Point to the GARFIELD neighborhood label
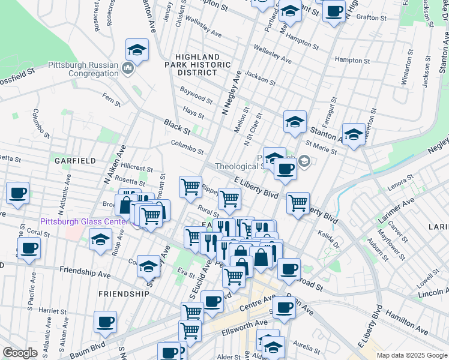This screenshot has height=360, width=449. [75, 161]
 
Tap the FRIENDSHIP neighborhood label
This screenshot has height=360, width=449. [123, 294]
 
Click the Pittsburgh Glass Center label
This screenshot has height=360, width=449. [84, 221]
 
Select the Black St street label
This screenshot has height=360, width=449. [177, 127]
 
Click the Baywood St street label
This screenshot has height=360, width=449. [196, 95]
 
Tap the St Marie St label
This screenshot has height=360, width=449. [321, 148]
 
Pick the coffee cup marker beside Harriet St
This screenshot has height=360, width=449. [105, 322]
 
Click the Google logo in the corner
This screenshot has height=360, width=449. [19, 353]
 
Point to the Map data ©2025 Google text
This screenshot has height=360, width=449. [411, 355]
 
